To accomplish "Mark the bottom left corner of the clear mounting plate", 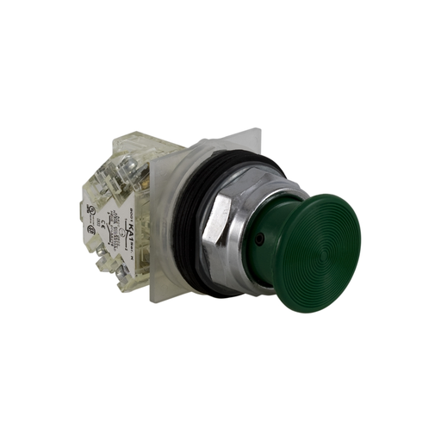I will click(154, 301).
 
